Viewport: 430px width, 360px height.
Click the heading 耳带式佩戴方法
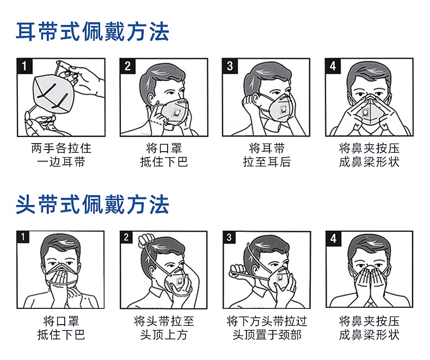(92, 32)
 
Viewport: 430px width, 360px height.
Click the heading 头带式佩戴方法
(92, 204)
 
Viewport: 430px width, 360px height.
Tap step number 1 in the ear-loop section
(24, 66)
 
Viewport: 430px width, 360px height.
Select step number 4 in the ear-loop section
(333, 66)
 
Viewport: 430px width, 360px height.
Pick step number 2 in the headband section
(126, 237)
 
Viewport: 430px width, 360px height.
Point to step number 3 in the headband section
(229, 237)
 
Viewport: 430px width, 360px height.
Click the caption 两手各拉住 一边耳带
(61, 155)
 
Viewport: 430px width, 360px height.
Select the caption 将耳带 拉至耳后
(267, 155)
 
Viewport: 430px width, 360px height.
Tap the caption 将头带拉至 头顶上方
(164, 328)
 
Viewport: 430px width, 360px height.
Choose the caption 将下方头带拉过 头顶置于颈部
(267, 328)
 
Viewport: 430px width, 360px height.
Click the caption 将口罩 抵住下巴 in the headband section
(61, 328)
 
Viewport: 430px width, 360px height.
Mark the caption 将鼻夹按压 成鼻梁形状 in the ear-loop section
(369, 155)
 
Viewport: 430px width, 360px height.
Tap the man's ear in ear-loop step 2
(151, 99)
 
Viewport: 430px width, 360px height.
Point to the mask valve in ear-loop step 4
(366, 113)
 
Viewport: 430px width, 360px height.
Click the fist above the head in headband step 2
(146, 240)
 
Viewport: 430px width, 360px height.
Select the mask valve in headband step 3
(280, 277)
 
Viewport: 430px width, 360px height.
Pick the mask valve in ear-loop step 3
(283, 110)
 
